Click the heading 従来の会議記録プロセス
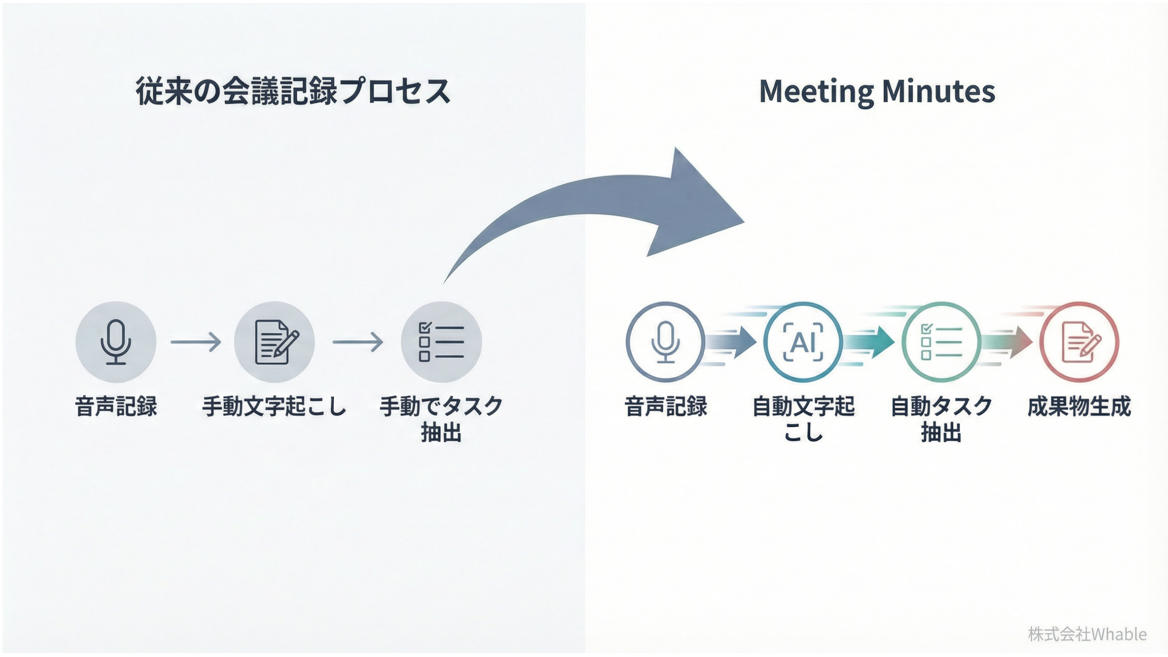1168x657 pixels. click(x=293, y=91)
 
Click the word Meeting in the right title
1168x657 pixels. click(x=816, y=92)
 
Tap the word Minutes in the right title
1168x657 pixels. click(x=938, y=92)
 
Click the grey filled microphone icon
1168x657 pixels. click(x=116, y=342)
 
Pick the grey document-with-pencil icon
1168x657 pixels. click(x=275, y=342)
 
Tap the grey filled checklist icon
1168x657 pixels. click(x=441, y=342)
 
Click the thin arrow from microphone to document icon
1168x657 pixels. click(x=196, y=342)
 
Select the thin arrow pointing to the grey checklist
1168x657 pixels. click(x=358, y=342)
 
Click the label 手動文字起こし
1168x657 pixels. click(x=274, y=406)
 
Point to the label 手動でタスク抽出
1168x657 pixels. click(x=441, y=419)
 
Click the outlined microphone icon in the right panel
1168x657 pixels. click(x=665, y=342)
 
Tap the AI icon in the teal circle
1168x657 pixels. click(x=803, y=342)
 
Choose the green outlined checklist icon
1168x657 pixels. click(x=941, y=342)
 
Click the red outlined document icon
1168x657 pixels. click(x=1079, y=342)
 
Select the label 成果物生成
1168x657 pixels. click(x=1079, y=406)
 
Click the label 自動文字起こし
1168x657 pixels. click(x=803, y=419)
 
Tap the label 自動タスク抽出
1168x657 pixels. click(x=941, y=419)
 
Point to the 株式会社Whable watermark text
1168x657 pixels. click(x=1087, y=634)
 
